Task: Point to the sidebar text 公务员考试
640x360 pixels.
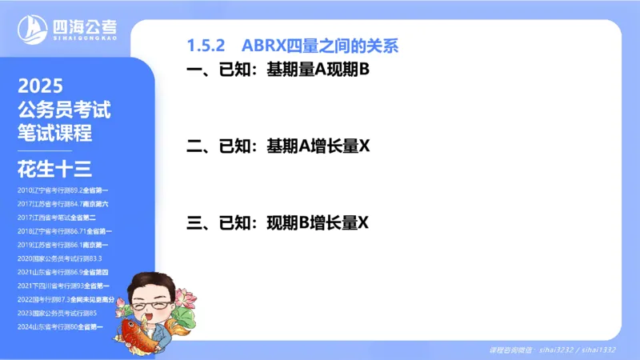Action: click(64, 110)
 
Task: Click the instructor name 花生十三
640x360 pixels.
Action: click(54, 169)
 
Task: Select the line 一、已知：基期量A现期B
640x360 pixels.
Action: click(277, 71)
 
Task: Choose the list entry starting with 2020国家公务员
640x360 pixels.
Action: click(59, 258)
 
